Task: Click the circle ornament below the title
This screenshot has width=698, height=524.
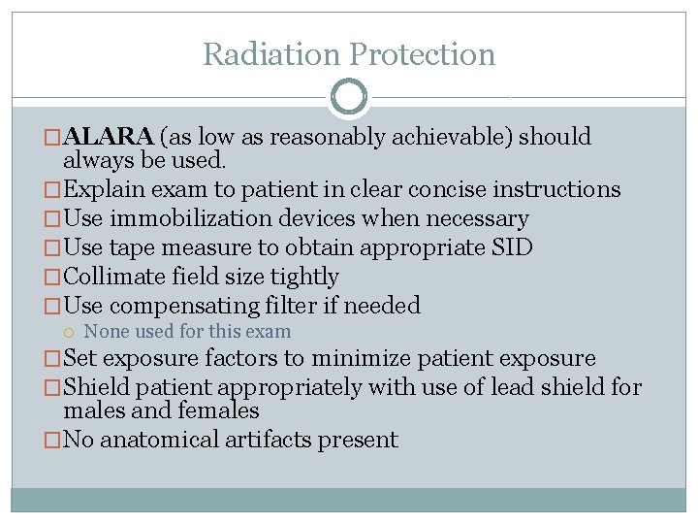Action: [349, 97]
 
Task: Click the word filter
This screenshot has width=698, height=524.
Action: [309, 306]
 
